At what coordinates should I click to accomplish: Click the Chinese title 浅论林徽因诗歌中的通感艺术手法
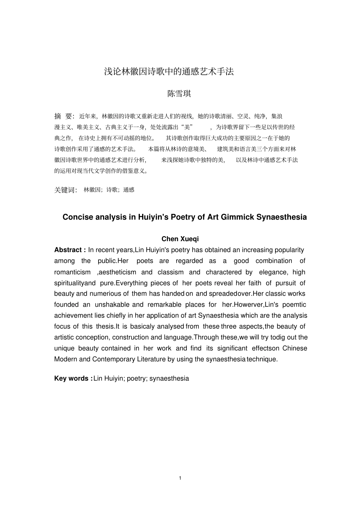(x=169, y=71)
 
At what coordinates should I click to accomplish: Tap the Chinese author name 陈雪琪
(x=179, y=94)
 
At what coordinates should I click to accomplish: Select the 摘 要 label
(x=63, y=116)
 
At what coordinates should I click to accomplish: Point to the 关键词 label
(x=65, y=190)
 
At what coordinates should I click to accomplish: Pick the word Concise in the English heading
(x=78, y=217)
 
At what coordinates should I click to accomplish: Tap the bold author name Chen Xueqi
(x=180, y=239)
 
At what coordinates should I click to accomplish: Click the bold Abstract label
(x=70, y=250)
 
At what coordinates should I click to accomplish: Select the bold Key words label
(x=73, y=378)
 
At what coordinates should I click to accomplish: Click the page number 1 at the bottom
(x=180, y=478)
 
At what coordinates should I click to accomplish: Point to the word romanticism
(x=72, y=272)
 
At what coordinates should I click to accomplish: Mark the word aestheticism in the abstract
(x=117, y=272)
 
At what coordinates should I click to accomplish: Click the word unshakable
(x=112, y=304)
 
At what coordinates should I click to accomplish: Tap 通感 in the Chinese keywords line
(x=129, y=190)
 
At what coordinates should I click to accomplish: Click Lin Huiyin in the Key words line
(x=108, y=378)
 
